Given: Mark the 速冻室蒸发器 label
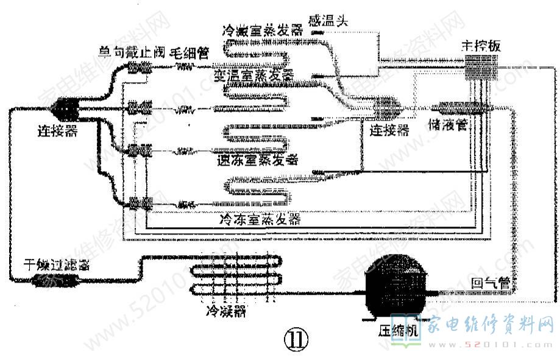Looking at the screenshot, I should [258, 160].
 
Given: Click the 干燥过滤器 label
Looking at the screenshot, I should [57, 266].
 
